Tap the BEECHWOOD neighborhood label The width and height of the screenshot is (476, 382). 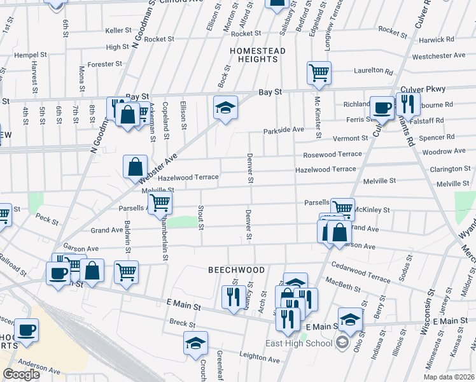click(236, 270)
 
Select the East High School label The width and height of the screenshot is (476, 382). click(299, 344)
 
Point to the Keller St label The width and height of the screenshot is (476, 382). click(118, 30)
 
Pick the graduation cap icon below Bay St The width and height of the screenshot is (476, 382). click(225, 108)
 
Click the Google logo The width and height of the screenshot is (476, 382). click(21, 374)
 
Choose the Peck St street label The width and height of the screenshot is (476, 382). click(47, 220)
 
